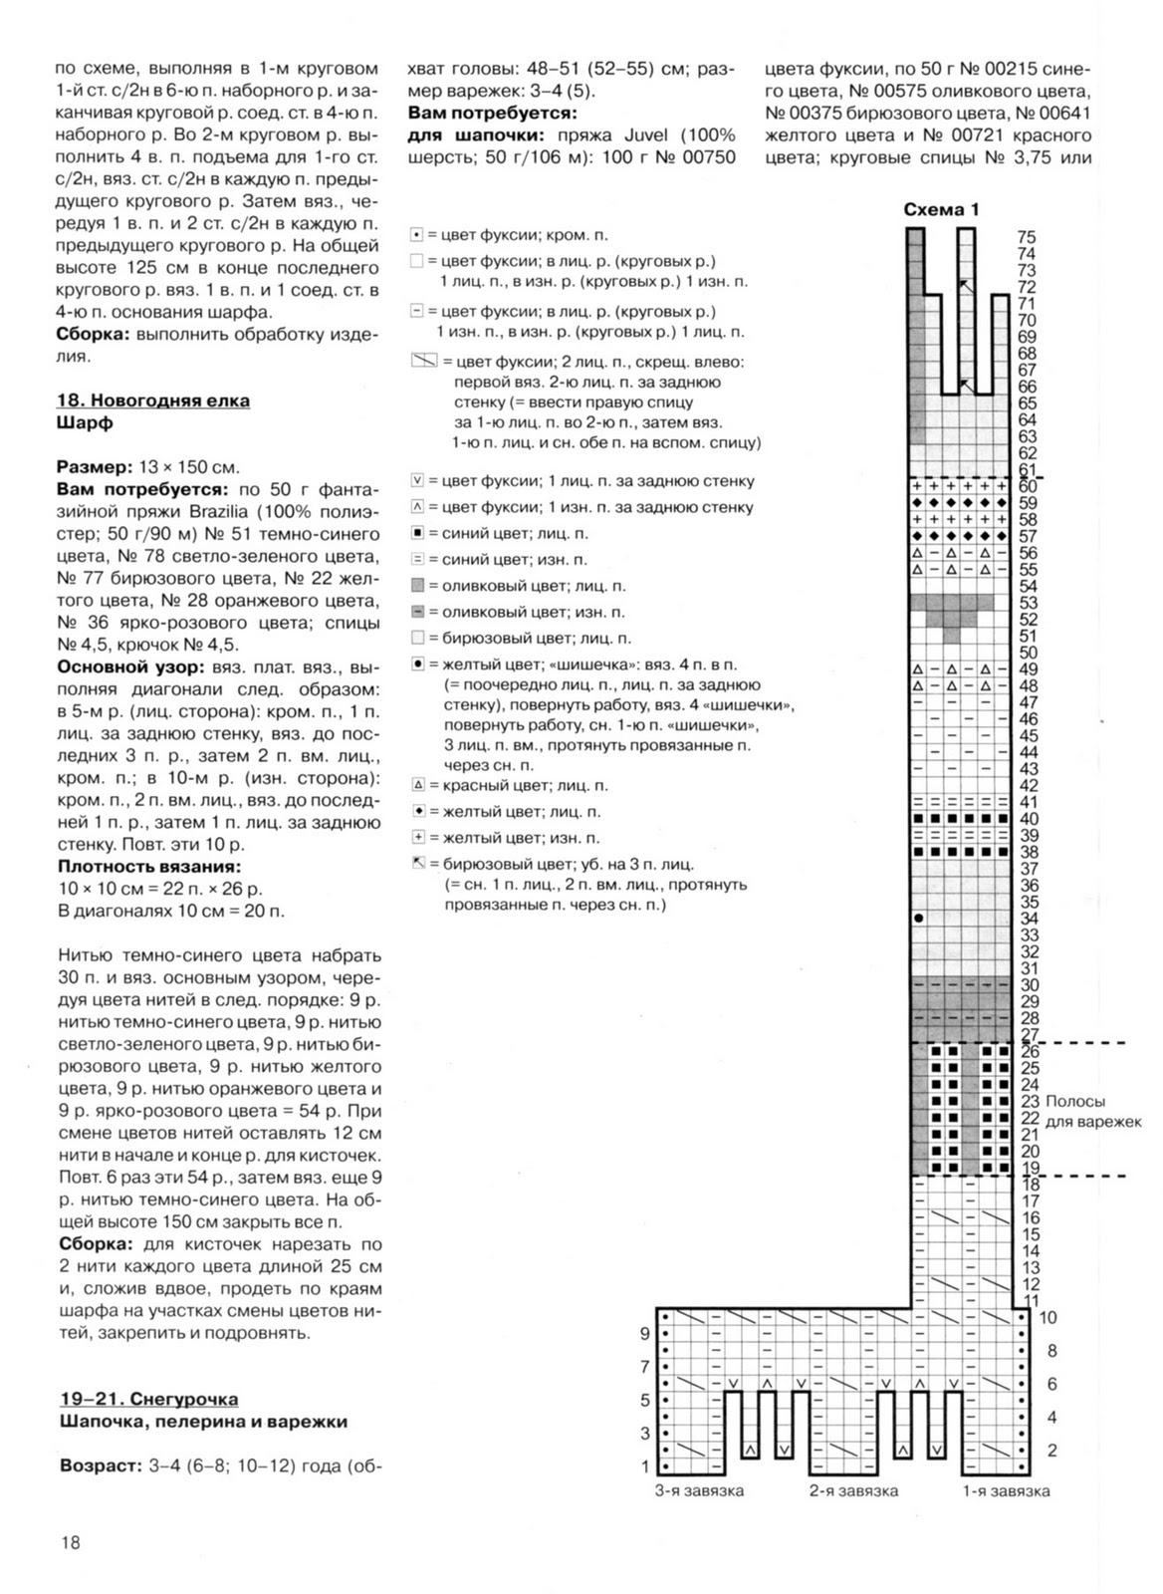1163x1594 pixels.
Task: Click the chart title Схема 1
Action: (x=940, y=210)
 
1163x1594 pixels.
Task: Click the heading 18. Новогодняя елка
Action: (x=153, y=400)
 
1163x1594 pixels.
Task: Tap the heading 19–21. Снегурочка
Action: (x=149, y=1400)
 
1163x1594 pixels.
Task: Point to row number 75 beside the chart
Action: (x=1027, y=238)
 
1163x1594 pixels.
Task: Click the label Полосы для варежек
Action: (x=1091, y=1111)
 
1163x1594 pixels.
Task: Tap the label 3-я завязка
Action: (x=699, y=1490)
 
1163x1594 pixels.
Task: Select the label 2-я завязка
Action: (x=853, y=1490)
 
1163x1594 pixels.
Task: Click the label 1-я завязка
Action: (x=1006, y=1490)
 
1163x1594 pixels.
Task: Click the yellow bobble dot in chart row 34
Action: (x=918, y=918)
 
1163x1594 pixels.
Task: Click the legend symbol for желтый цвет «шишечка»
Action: (x=418, y=664)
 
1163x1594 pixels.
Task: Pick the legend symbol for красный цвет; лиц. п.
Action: (x=418, y=785)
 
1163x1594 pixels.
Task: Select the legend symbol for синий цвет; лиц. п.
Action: (x=418, y=533)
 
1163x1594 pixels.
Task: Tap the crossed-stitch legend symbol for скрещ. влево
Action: (x=424, y=361)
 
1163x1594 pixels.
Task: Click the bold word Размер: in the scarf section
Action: (x=95, y=467)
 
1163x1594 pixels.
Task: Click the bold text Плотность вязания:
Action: (x=149, y=867)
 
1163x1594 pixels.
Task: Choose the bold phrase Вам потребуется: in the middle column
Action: (x=492, y=114)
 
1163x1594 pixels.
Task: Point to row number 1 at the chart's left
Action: (x=645, y=1465)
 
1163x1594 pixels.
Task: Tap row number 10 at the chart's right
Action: (x=1047, y=1317)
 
